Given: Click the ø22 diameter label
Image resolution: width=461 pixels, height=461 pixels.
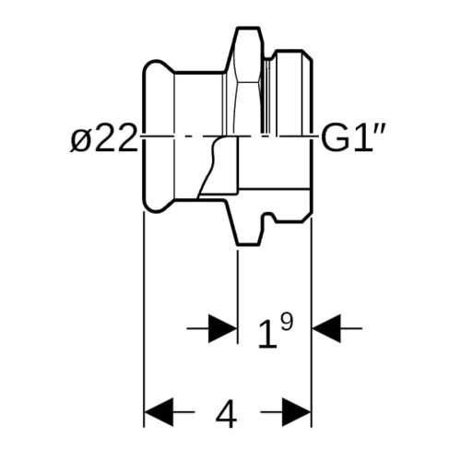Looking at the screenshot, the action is click(103, 138).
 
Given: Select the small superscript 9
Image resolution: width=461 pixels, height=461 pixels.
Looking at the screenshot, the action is click(287, 323).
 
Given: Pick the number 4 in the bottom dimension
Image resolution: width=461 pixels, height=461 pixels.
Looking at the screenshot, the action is click(227, 413).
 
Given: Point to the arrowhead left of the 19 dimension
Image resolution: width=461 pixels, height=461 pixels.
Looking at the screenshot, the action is click(223, 328).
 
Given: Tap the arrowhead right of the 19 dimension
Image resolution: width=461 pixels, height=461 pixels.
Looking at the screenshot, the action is click(326, 328).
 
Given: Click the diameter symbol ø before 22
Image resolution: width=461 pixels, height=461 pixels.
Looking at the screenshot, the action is click(79, 140).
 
